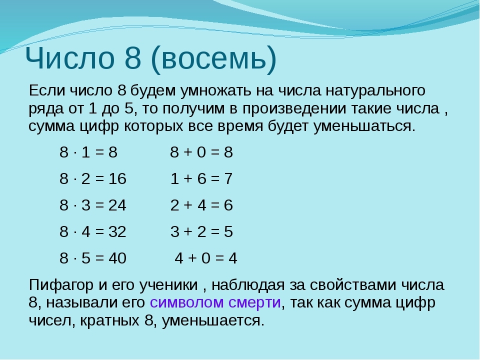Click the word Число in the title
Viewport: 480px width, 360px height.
tap(70, 58)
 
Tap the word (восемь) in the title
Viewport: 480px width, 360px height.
tap(213, 59)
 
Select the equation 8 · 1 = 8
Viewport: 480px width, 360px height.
tap(88, 152)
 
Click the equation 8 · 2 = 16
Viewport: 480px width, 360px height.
tap(93, 178)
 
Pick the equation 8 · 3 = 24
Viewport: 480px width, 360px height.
tap(93, 205)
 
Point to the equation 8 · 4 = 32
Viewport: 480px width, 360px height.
tap(93, 231)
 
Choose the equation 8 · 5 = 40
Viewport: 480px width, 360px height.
tap(93, 258)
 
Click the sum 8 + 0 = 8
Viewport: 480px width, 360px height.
tap(201, 152)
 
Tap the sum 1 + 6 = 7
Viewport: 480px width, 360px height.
tap(201, 178)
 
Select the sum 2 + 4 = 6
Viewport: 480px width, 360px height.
tap(201, 205)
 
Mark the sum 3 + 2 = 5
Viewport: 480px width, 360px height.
tap(201, 231)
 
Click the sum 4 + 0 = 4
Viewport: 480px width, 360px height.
tap(206, 258)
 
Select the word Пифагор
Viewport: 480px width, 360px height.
tap(61, 285)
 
